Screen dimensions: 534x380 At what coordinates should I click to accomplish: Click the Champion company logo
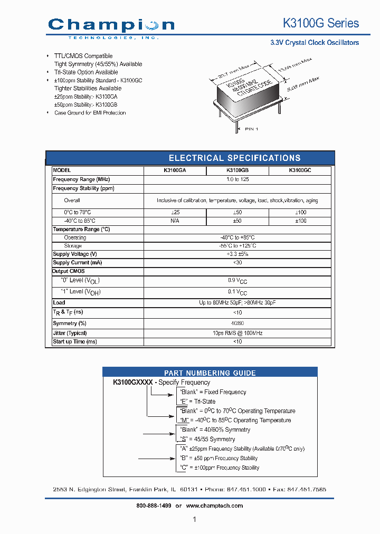tap(111, 26)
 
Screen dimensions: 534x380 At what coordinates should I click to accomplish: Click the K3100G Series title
tap(321, 23)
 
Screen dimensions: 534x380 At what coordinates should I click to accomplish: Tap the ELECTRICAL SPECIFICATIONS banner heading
tap(234, 158)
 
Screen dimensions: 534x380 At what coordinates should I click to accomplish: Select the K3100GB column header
tap(237, 171)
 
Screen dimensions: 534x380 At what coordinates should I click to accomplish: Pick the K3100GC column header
tap(300, 171)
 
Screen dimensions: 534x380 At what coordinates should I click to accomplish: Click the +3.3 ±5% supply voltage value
tap(237, 254)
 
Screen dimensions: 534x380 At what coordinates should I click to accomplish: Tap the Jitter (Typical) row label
tap(70, 333)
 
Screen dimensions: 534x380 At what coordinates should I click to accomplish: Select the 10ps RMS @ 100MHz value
tap(237, 333)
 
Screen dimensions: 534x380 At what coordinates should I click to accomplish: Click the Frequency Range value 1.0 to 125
tap(237, 179)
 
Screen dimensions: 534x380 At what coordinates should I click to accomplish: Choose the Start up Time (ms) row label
tap(75, 341)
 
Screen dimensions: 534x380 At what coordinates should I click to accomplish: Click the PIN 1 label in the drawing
tap(252, 128)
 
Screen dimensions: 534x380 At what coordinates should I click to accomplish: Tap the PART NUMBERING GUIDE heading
tap(210, 373)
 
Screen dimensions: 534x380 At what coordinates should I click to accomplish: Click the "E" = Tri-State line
tap(198, 402)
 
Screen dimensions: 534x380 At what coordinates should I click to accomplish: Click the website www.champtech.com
tap(215, 506)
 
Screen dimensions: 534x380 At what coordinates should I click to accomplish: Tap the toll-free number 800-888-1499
tap(154, 506)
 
